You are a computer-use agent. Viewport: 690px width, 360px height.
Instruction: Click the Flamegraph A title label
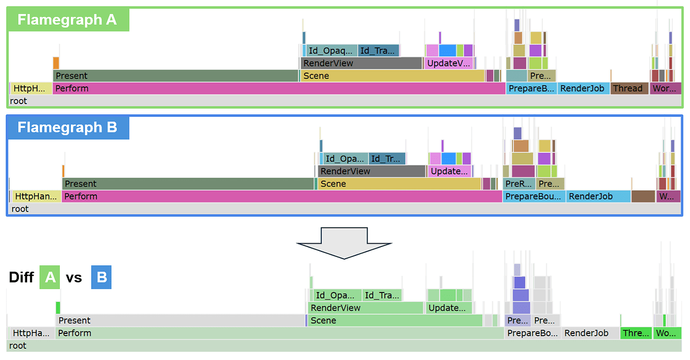click(x=67, y=20)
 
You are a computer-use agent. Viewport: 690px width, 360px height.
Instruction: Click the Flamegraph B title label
click(x=67, y=127)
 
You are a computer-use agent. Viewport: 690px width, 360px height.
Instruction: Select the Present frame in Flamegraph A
click(x=176, y=76)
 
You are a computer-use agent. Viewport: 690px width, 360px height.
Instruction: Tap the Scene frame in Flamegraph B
click(x=399, y=184)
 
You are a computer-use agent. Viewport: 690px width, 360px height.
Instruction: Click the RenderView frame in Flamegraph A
click(x=361, y=63)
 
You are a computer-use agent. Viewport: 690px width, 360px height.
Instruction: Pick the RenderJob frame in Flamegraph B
click(x=598, y=196)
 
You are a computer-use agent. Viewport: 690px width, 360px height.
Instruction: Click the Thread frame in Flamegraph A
click(x=630, y=88)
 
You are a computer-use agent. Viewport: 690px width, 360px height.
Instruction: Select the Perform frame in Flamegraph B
click(x=281, y=196)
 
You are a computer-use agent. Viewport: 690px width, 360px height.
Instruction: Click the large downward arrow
click(x=344, y=242)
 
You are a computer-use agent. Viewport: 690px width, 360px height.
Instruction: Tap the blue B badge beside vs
click(x=101, y=277)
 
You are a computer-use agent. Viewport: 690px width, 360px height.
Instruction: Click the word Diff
click(x=22, y=277)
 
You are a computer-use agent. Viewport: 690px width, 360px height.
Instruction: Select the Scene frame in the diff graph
click(x=394, y=321)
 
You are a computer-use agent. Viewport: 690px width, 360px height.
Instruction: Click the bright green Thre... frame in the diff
click(x=636, y=333)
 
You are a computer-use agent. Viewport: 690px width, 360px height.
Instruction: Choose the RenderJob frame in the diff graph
click(x=590, y=333)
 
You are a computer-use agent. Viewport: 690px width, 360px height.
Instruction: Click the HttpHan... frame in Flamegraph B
click(x=36, y=196)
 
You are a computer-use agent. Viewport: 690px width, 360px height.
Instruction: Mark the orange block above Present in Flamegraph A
click(x=56, y=63)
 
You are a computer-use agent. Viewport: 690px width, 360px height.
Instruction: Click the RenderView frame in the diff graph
click(x=365, y=308)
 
